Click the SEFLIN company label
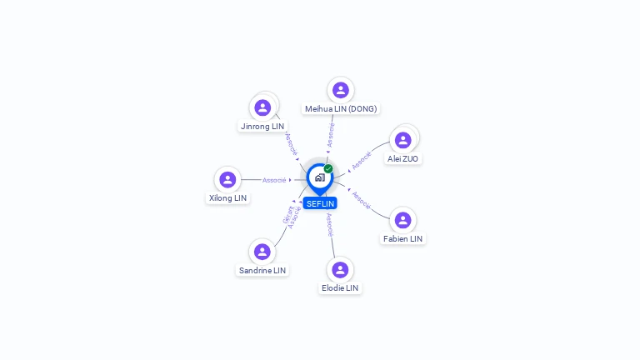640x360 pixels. click(x=320, y=203)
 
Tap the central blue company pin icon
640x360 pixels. click(x=319, y=177)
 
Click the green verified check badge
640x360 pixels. click(x=328, y=169)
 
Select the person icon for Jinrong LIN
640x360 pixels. click(x=262, y=107)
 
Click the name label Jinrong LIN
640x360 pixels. click(x=262, y=127)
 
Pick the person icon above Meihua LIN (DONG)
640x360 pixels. click(x=340, y=90)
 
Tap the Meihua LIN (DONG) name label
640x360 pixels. click(x=340, y=109)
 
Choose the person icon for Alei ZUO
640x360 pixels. click(x=403, y=140)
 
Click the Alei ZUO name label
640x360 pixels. click(x=403, y=158)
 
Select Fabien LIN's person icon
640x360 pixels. click(x=403, y=220)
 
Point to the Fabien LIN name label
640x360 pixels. click(x=403, y=239)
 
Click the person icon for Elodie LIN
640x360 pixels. click(x=340, y=269)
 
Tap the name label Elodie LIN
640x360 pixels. click(x=340, y=288)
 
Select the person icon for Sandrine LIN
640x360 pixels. click(x=262, y=252)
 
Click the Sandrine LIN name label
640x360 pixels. click(x=262, y=271)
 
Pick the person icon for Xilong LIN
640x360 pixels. click(x=227, y=180)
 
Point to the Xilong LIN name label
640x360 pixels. click(x=227, y=198)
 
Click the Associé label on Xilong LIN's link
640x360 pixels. click(x=274, y=180)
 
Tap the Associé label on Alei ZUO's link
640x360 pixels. click(x=361, y=161)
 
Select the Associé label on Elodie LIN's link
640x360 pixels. click(x=330, y=225)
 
